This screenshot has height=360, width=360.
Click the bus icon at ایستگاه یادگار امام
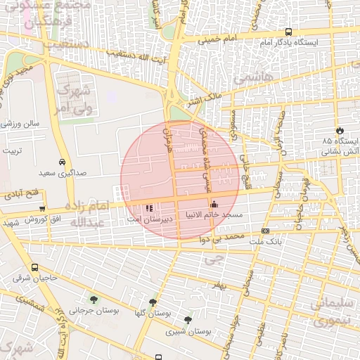click(289, 32)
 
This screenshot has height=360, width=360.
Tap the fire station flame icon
click(340, 130)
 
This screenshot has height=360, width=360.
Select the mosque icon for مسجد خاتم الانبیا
click(214, 205)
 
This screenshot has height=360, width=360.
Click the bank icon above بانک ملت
click(265, 231)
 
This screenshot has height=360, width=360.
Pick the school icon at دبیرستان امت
click(148, 208)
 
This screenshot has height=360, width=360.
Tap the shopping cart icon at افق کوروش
click(43, 208)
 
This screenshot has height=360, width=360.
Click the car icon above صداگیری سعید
click(63, 161)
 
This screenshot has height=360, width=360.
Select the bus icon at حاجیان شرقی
click(35, 267)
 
